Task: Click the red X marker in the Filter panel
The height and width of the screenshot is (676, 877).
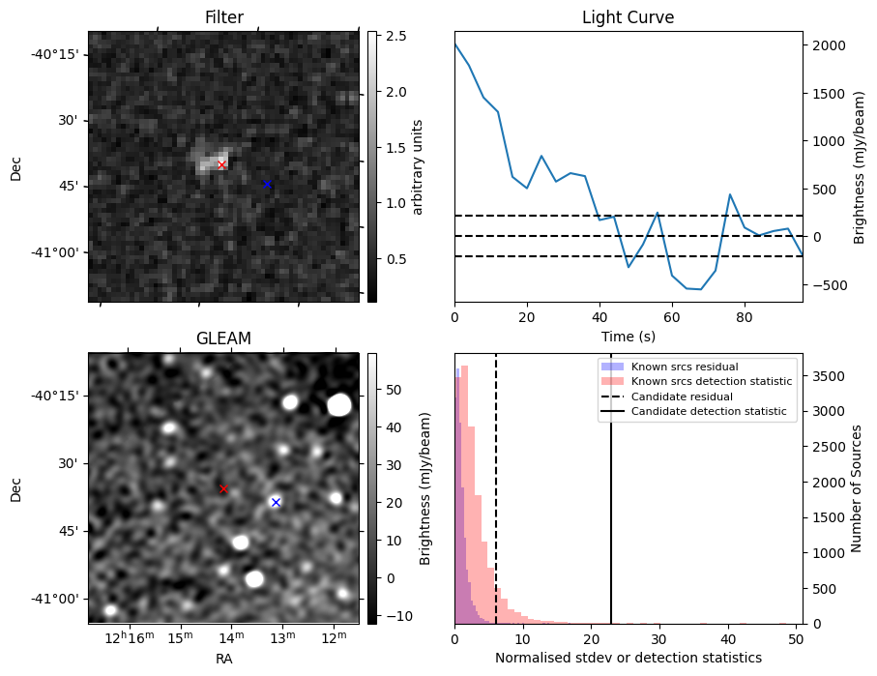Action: pos(221,165)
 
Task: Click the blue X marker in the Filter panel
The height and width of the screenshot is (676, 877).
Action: pos(268,184)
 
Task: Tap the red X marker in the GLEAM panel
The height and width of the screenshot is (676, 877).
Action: pos(223,489)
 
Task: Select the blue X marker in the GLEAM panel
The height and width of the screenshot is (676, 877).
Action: pos(276,502)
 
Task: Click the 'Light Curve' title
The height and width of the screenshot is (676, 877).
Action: pos(628,17)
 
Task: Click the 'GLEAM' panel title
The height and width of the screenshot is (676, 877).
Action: pos(223,338)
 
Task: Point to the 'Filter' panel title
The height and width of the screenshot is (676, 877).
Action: pos(223,17)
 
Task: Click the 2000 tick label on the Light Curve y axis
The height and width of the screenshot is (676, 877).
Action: pos(829,45)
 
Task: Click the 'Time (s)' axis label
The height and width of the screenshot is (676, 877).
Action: pos(628,336)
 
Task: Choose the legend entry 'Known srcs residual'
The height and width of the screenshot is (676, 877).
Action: pos(684,367)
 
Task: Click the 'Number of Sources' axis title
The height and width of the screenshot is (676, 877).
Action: pos(856,488)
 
